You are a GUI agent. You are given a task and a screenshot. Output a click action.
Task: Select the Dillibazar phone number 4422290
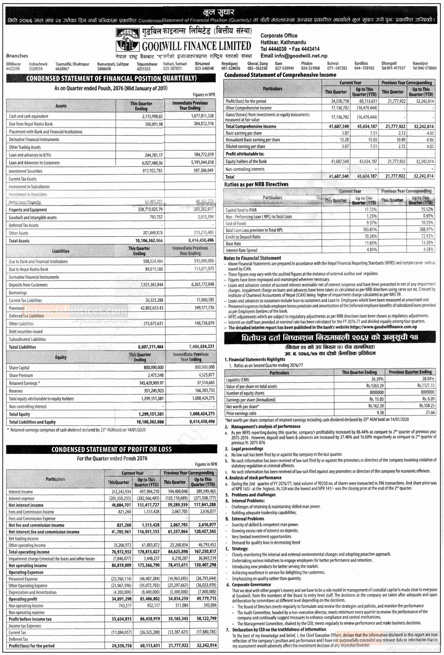13,69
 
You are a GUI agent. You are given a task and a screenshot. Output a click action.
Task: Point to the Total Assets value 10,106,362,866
149,241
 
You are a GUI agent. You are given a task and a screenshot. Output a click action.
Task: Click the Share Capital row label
19,368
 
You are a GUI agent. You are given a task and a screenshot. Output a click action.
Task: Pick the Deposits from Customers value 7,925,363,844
152,285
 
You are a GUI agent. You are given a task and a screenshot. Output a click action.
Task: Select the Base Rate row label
233,244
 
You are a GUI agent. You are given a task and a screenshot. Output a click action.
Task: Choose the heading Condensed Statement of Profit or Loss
111,449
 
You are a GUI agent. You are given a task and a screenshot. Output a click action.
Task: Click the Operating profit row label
23,599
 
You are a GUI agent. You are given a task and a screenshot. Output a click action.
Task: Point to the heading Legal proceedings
247,449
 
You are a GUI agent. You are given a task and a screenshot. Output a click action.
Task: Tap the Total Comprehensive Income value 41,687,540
339,126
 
